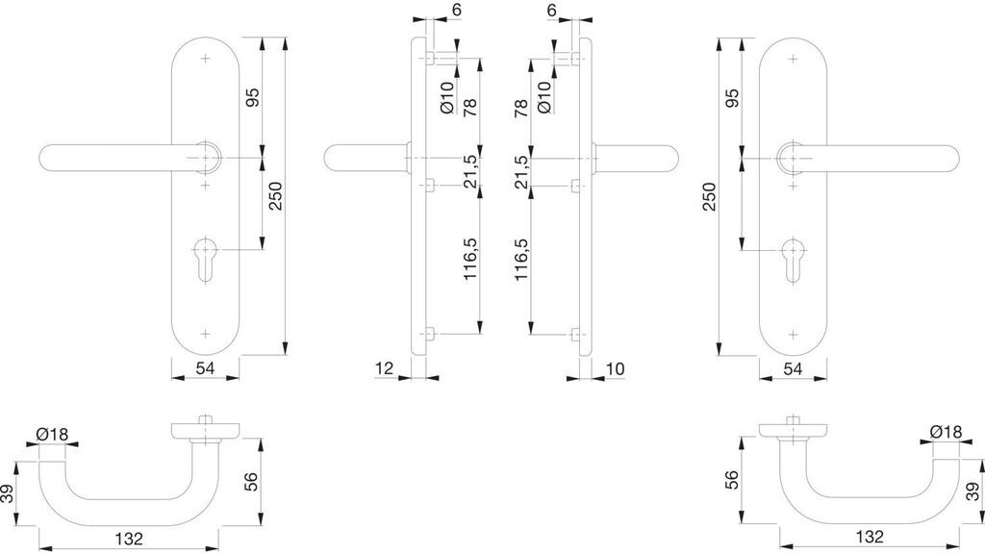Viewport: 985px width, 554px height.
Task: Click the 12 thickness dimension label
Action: pyautogui.click(x=384, y=367)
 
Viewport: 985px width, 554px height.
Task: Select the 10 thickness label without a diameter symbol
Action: pyautogui.click(x=617, y=367)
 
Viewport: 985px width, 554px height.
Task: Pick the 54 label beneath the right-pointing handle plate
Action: pyautogui.click(x=793, y=368)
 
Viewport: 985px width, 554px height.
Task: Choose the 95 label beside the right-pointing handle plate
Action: pyautogui.click(x=731, y=98)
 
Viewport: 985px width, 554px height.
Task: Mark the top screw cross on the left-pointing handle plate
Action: pyautogui.click(x=206, y=60)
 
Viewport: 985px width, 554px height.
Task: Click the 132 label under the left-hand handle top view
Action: pyautogui.click(x=133, y=539)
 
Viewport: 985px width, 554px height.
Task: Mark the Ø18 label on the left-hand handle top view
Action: pyautogui.click(x=52, y=434)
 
